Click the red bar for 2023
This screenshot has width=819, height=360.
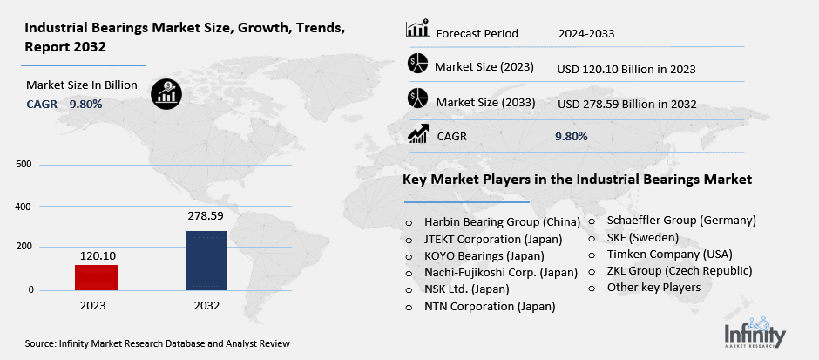tap(95, 277)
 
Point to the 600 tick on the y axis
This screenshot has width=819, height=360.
tap(24, 164)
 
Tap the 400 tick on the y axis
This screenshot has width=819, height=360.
tap(24, 207)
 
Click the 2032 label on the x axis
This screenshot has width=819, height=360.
tap(207, 306)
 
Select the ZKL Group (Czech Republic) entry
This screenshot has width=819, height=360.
tap(678, 270)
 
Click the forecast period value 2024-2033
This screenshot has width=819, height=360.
tap(586, 34)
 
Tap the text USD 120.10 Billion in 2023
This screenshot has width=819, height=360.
tap(626, 68)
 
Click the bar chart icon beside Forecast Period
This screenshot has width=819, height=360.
tap(418, 30)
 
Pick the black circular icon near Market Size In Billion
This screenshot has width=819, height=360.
tap(165, 92)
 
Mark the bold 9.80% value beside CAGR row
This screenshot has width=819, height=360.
tap(571, 136)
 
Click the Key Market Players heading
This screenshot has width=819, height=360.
tap(577, 180)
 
